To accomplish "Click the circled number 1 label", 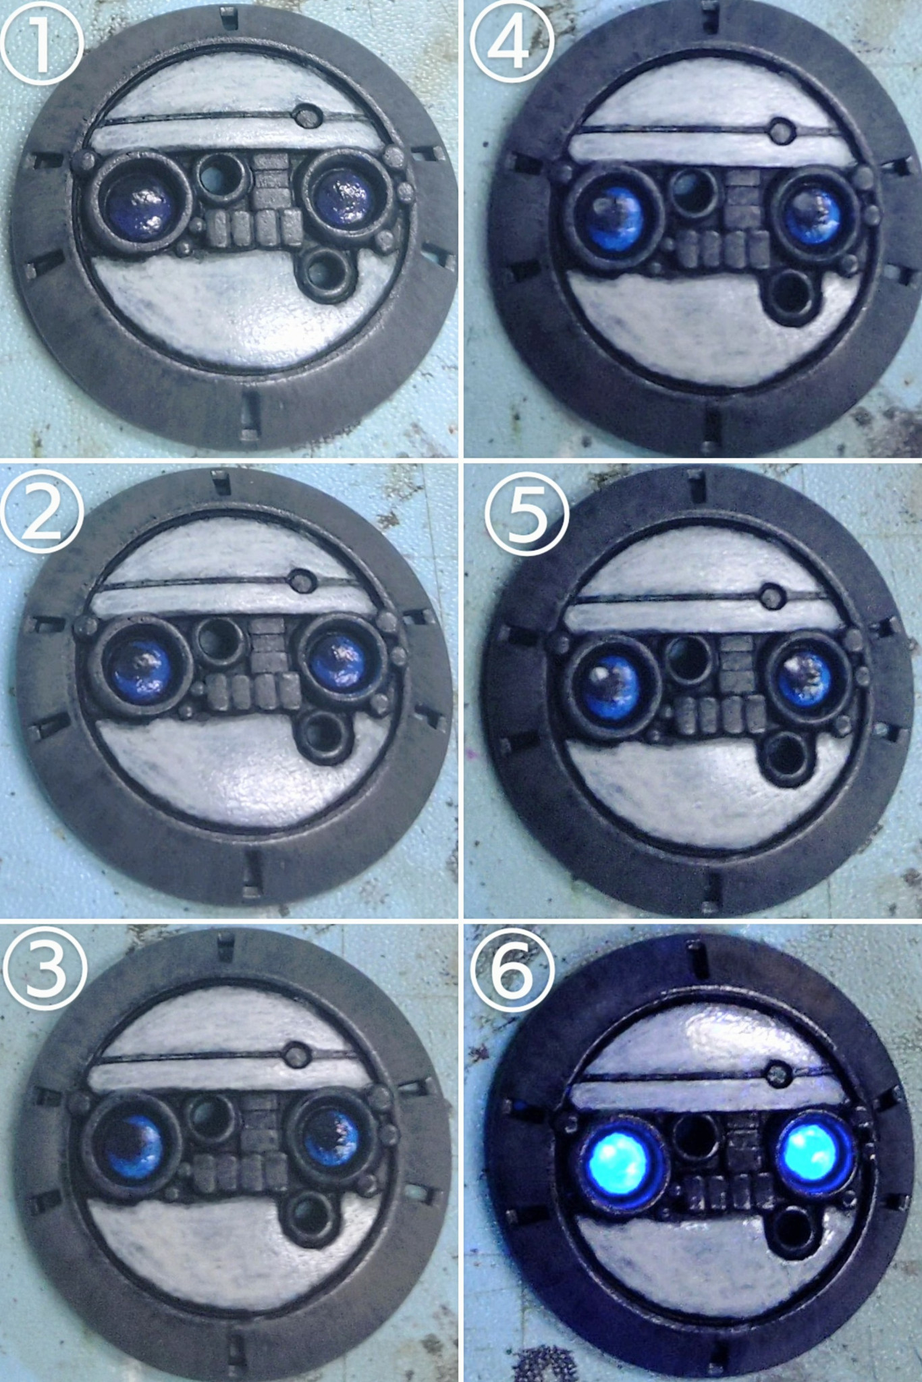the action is (42, 43).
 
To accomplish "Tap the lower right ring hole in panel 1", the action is (325, 273).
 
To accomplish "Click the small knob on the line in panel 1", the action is (306, 115).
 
